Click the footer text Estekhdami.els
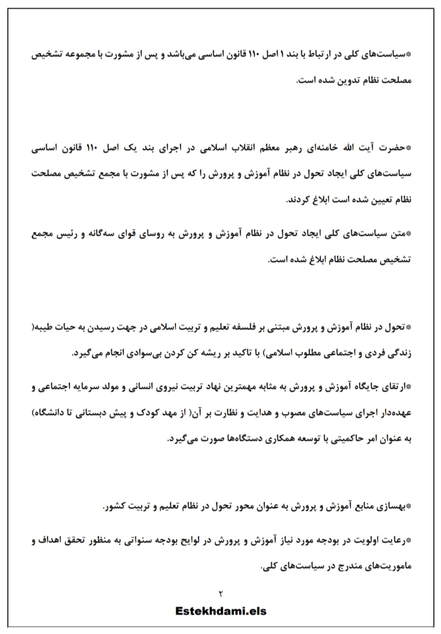[x=220, y=611]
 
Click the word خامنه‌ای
[x=319, y=148]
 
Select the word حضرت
[x=394, y=148]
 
